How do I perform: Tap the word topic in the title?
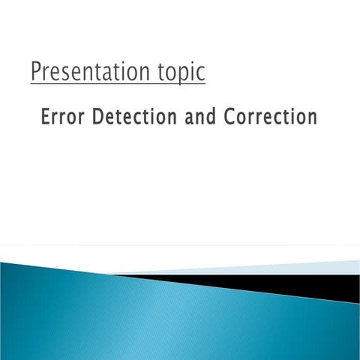(x=178, y=73)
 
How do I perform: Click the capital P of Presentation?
(x=36, y=72)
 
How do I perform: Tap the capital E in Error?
(x=46, y=117)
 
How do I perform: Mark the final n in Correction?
(x=311, y=118)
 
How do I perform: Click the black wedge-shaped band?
(x=300, y=285)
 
